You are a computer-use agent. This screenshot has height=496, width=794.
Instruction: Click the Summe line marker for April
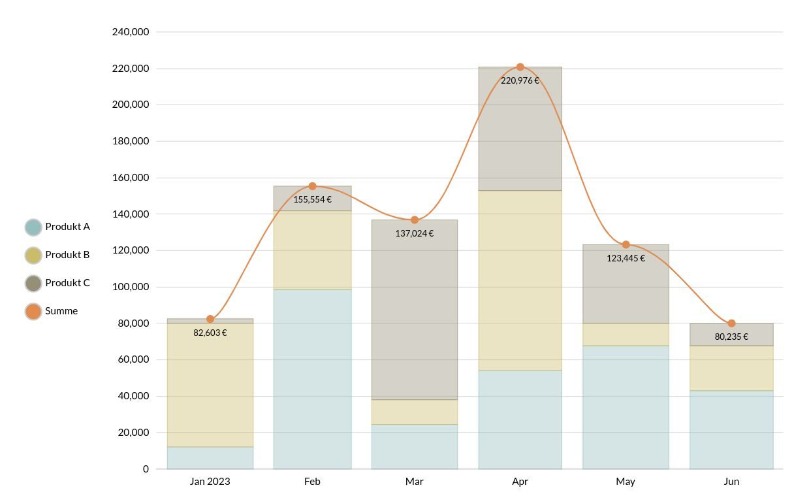(x=520, y=67)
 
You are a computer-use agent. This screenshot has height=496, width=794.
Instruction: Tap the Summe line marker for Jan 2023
(x=210, y=319)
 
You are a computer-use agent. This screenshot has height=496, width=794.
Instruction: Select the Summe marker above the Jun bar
(x=731, y=323)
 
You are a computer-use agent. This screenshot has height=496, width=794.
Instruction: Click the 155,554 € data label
(x=312, y=200)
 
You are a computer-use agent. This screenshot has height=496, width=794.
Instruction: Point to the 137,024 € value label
(x=414, y=233)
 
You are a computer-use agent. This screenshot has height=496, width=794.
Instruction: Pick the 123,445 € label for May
(x=626, y=258)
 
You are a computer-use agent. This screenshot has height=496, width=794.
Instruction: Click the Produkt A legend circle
(x=33, y=227)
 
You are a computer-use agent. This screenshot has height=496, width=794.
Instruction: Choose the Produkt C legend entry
(x=67, y=283)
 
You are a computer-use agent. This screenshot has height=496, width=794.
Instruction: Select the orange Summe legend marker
(x=33, y=312)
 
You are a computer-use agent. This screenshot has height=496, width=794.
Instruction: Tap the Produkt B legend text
(x=67, y=255)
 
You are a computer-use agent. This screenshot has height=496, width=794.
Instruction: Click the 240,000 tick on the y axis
(x=131, y=31)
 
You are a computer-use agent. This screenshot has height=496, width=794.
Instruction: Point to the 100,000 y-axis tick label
(x=131, y=287)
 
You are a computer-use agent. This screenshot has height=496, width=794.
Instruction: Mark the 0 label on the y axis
(x=146, y=469)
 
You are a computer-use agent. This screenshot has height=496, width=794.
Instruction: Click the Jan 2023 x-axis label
(x=210, y=482)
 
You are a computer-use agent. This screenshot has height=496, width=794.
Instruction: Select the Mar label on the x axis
(x=414, y=482)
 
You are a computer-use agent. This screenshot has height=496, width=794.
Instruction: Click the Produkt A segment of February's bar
(x=312, y=379)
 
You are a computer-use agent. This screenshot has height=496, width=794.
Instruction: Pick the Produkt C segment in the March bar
(x=414, y=310)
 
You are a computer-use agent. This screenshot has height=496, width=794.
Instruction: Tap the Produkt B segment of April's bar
(x=520, y=280)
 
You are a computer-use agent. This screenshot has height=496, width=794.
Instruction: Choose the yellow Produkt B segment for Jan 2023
(x=210, y=385)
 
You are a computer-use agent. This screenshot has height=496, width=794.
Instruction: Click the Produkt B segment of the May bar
(x=626, y=335)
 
